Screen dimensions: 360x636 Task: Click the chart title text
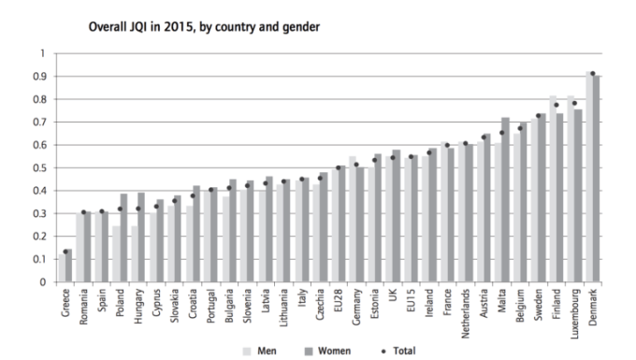tap(204, 28)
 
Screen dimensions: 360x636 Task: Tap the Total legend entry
tap(403, 353)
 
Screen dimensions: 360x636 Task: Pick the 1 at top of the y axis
tap(42, 53)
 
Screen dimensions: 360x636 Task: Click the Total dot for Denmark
tap(592, 74)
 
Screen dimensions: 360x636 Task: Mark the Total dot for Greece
tap(65, 252)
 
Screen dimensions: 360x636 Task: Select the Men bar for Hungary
tap(135, 254)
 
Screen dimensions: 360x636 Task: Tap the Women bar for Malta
tap(506, 200)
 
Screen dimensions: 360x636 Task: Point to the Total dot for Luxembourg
tap(574, 104)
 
